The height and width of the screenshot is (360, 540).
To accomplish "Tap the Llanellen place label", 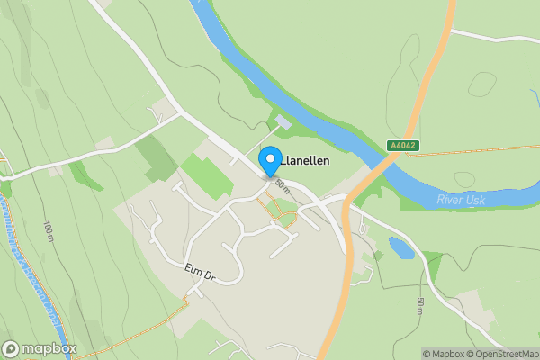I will coord(305,161).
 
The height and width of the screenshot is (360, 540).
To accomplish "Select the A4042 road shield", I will coord(401,145).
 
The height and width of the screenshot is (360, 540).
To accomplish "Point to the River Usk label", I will coord(460,199).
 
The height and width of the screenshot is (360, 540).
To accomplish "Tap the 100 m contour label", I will coord(47,231).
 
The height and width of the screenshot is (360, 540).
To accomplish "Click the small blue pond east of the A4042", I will coord(401,247).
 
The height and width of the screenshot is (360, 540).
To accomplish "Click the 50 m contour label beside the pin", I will coord(282,185).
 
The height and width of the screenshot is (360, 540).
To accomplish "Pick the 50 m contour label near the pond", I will coord(420,306).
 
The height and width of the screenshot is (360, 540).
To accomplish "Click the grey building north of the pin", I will coord(283,121).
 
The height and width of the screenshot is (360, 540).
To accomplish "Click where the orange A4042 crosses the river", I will coord(388,161).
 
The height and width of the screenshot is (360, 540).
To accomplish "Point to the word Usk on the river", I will coord(475,199).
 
